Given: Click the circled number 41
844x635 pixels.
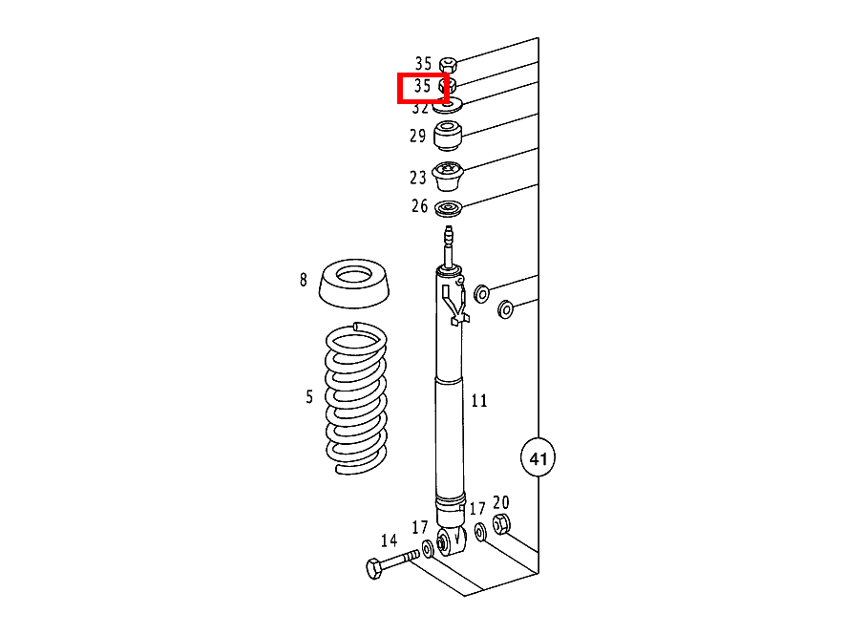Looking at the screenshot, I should tap(538, 458).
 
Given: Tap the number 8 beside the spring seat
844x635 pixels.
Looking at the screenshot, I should tap(304, 280).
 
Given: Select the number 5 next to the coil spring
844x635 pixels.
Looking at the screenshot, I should tap(309, 396).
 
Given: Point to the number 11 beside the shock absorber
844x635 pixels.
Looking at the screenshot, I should tap(479, 401).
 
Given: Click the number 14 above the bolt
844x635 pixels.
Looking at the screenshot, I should tap(389, 540).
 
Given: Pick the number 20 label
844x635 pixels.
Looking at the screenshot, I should tap(501, 503).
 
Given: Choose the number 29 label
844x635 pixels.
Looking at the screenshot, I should tap(418, 136).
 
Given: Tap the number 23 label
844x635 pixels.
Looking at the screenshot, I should tap(418, 178).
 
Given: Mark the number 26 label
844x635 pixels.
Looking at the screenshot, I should tap(419, 206).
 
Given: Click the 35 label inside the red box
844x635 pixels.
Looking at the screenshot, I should tap(422, 86).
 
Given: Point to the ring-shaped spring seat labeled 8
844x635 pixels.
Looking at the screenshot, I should tap(354, 284).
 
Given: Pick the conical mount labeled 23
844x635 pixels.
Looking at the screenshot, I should tap(448, 178).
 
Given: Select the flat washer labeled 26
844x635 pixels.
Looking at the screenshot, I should tap(448, 209).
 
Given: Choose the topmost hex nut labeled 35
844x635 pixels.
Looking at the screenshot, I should tap(448, 65).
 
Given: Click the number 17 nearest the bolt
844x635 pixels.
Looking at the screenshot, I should tap(420, 527).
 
